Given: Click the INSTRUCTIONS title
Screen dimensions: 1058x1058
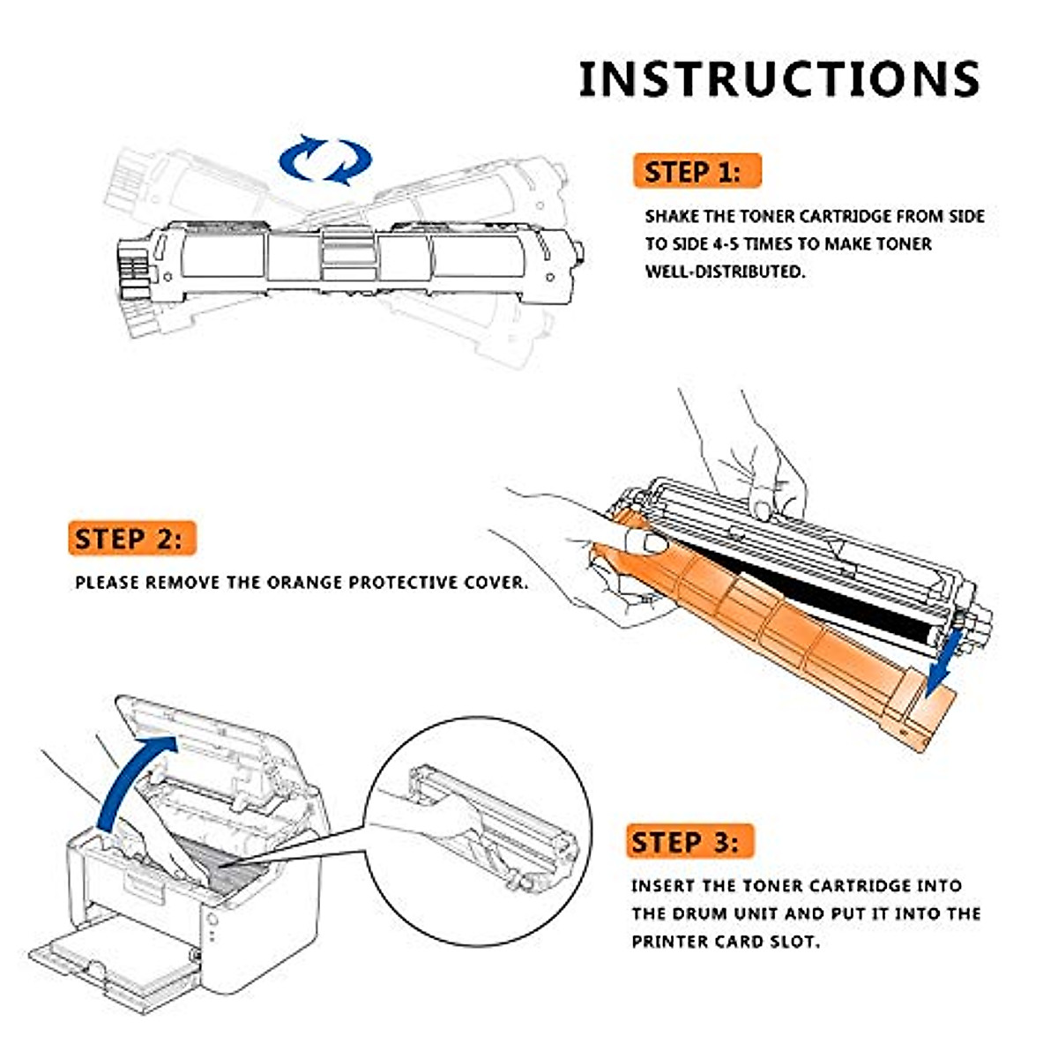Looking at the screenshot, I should tap(779, 78).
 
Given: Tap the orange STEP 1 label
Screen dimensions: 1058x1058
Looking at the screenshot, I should tap(696, 171).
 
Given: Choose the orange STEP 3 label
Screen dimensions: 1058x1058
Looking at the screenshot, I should tap(690, 842).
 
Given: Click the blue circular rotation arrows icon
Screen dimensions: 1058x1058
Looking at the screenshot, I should tap(325, 160).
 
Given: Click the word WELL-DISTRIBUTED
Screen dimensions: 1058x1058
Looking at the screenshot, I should tap(725, 272).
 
